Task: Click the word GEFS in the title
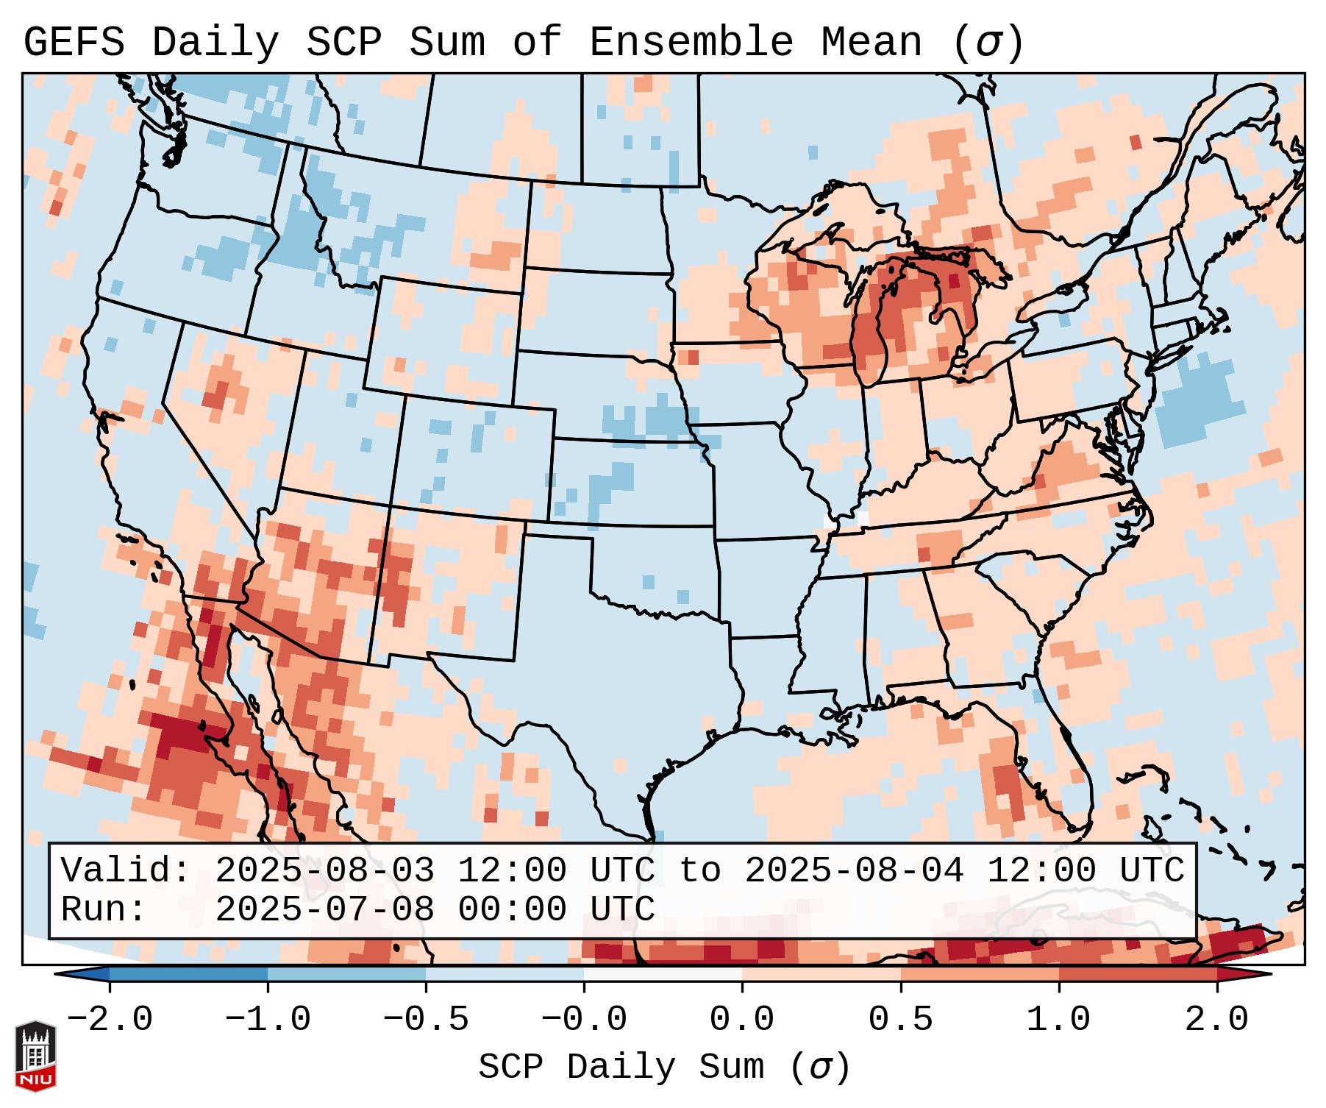coord(74,42)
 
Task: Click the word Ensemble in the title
coord(691,42)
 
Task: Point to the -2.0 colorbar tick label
coord(110,1020)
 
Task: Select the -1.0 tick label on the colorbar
coord(268,1020)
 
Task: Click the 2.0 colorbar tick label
coord(1217,1020)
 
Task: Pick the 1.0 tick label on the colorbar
coord(1058,1020)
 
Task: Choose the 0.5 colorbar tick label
coord(901,1020)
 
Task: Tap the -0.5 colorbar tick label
coord(426,1020)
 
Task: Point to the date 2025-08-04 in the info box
coord(854,870)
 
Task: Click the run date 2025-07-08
coord(324,909)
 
